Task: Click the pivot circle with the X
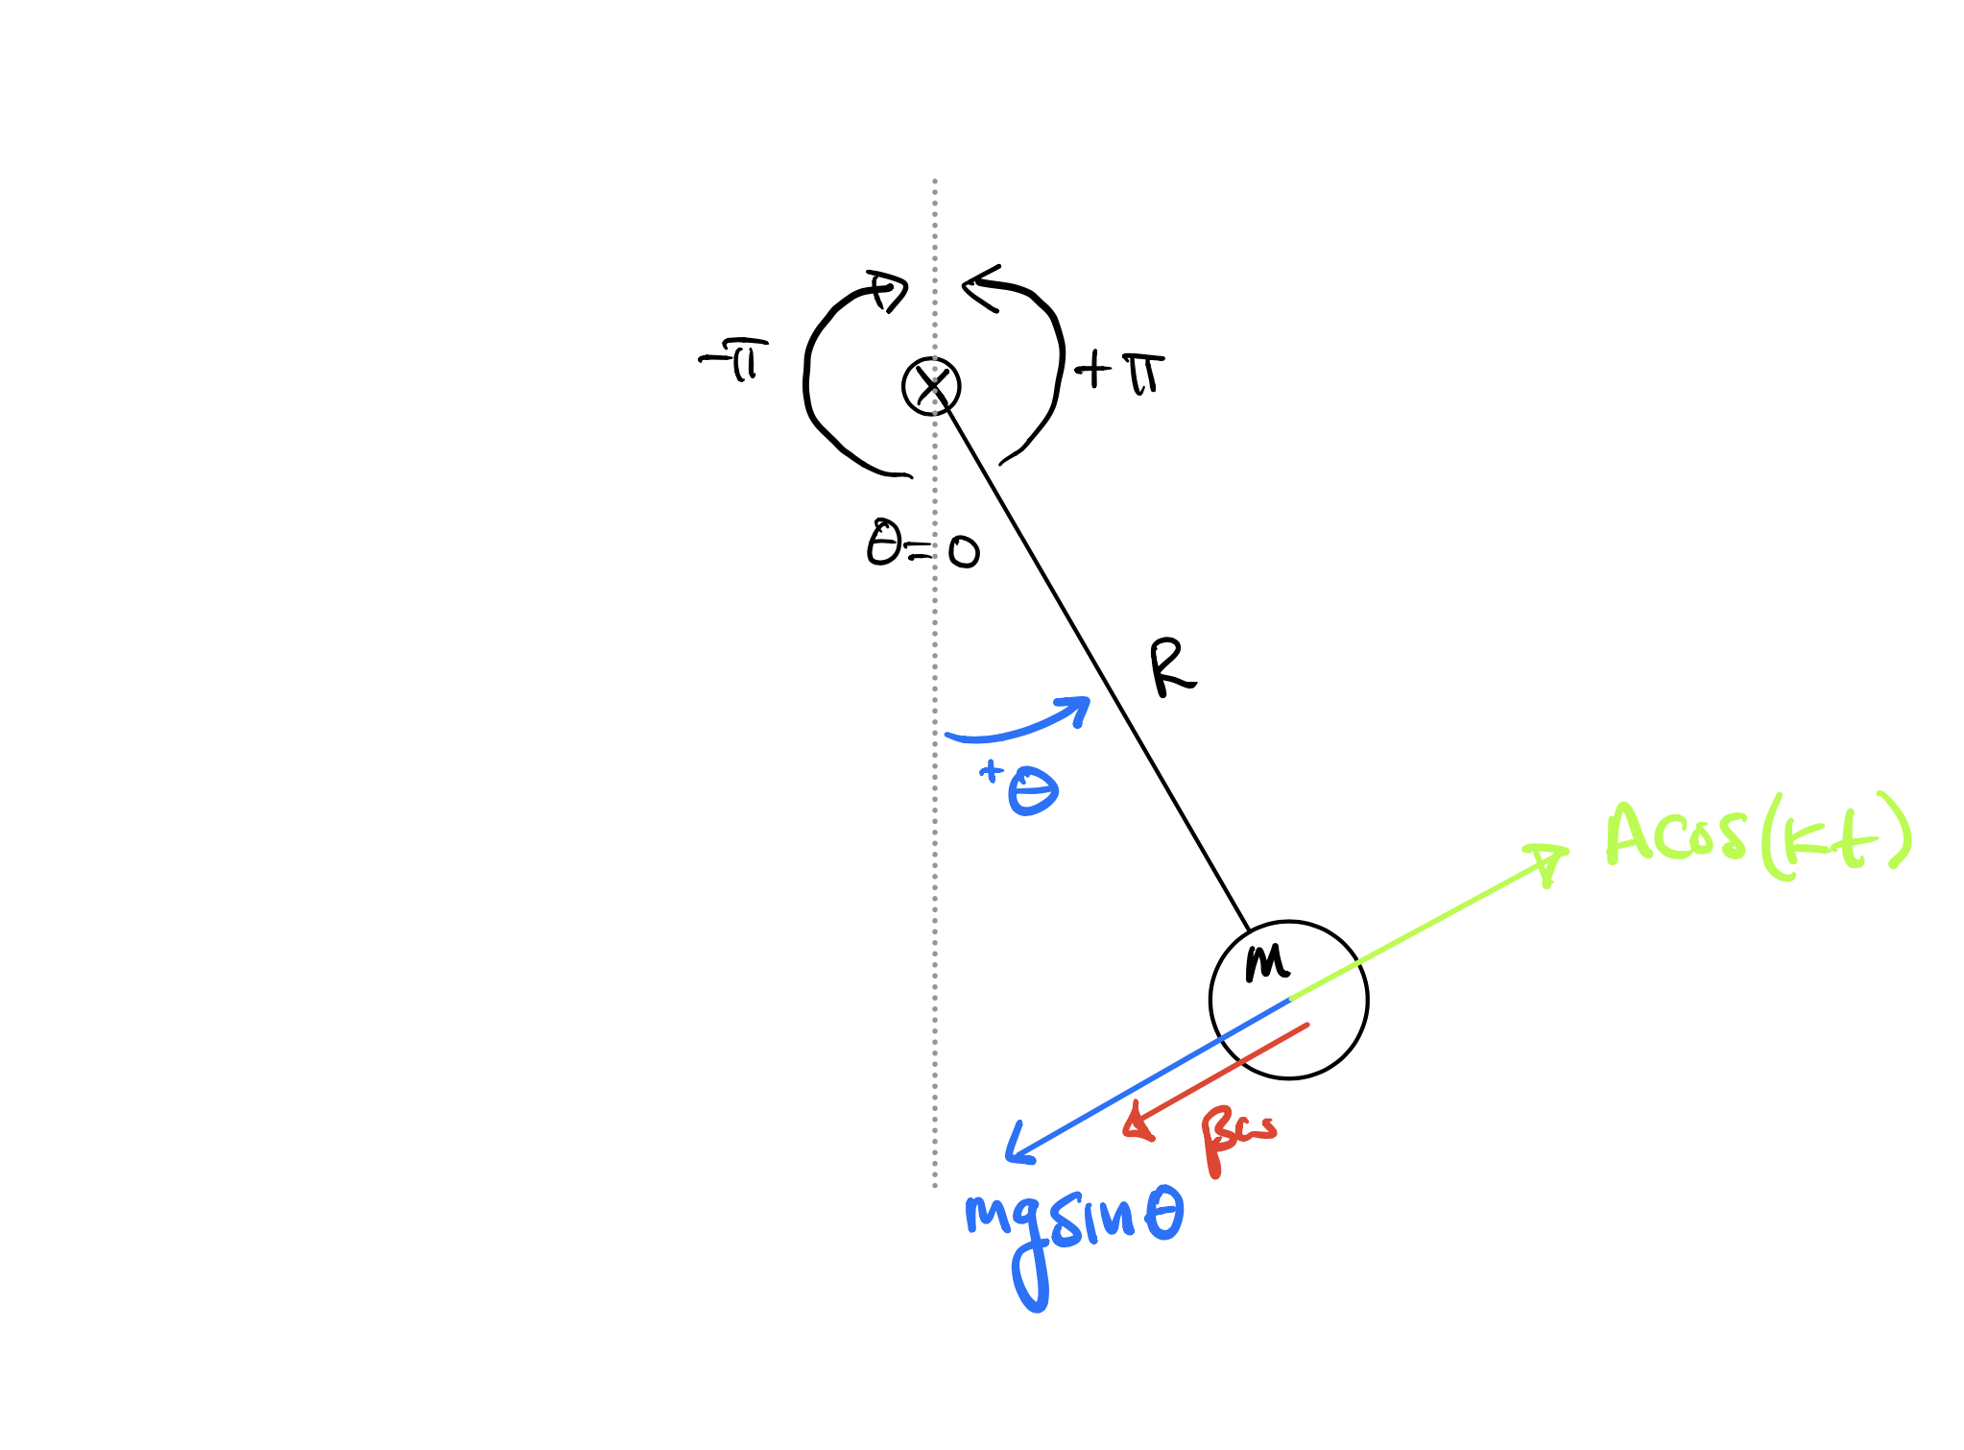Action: (931, 386)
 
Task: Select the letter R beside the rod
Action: (1172, 668)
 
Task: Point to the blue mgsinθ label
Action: (1073, 1224)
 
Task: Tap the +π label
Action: (1119, 371)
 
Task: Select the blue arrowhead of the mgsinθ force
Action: (1017, 1148)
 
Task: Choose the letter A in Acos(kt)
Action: (1631, 834)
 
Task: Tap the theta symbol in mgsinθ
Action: (1163, 1214)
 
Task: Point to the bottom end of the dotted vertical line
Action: (935, 1186)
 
